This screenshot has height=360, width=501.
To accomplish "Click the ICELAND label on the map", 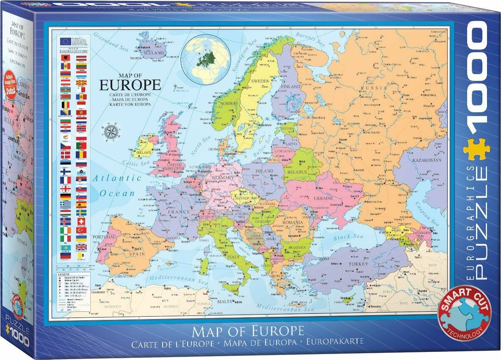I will [x=155, y=53].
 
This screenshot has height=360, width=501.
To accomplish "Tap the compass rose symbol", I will [x=112, y=131].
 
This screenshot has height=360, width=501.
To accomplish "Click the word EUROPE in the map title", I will [x=130, y=84].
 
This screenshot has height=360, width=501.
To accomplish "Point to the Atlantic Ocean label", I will [x=117, y=186].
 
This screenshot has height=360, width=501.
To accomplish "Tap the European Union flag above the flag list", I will [x=65, y=42].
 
